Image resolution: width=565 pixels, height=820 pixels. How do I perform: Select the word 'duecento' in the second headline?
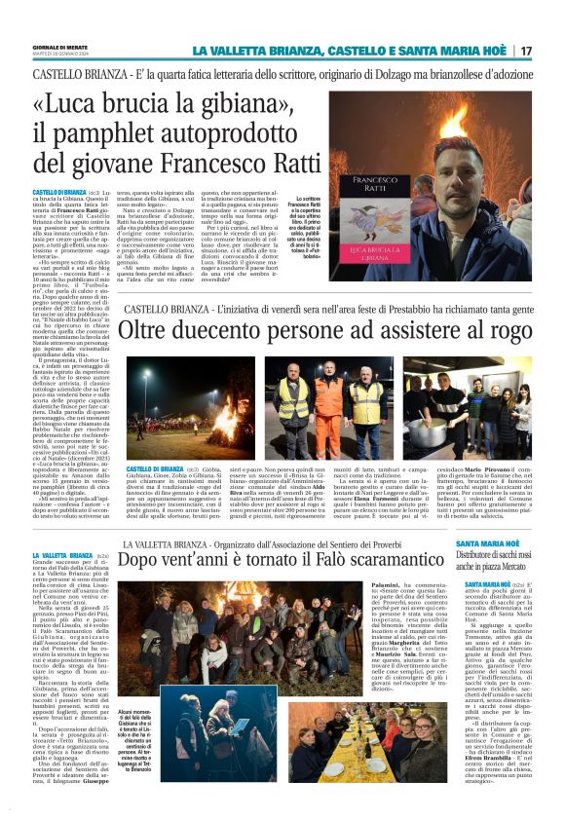pos(207,332)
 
